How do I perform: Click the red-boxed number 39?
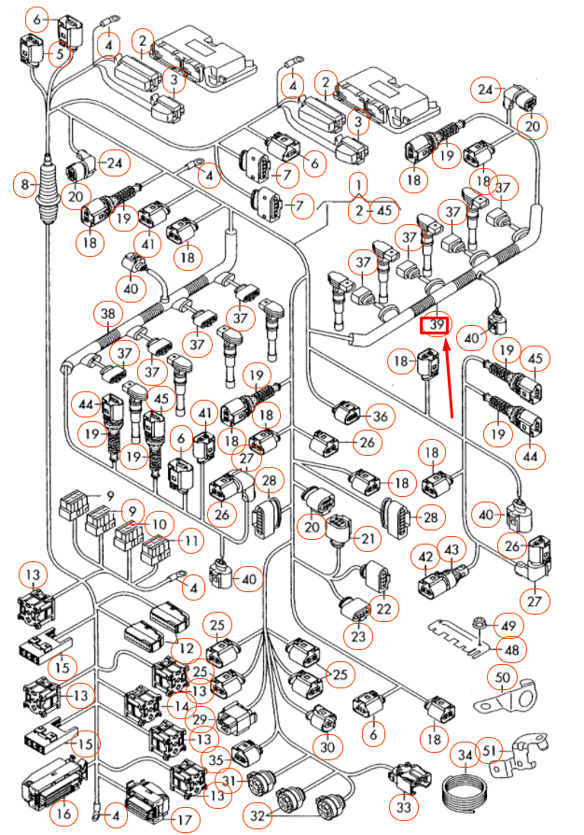[x=435, y=325]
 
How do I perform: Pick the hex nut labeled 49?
[x=479, y=625]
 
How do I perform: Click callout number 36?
[x=379, y=416]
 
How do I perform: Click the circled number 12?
[x=187, y=647]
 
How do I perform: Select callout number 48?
[x=510, y=647]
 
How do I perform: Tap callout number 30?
[x=327, y=747]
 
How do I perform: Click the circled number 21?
[x=369, y=539]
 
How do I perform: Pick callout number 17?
[x=184, y=820]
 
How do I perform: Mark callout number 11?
[x=191, y=540]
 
